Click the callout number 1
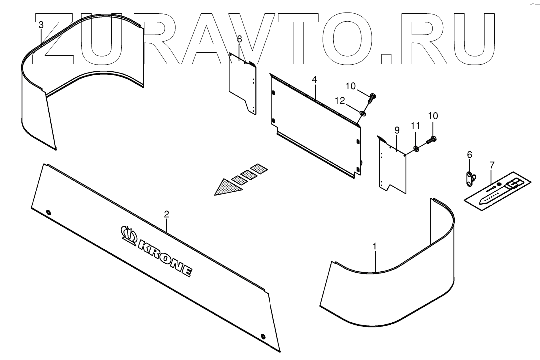(375, 246)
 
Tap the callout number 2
(167, 214)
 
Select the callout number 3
(41, 24)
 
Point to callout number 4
(314, 80)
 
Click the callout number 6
(469, 155)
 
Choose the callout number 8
(239, 39)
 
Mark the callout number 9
(397, 130)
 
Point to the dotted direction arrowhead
(225, 187)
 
